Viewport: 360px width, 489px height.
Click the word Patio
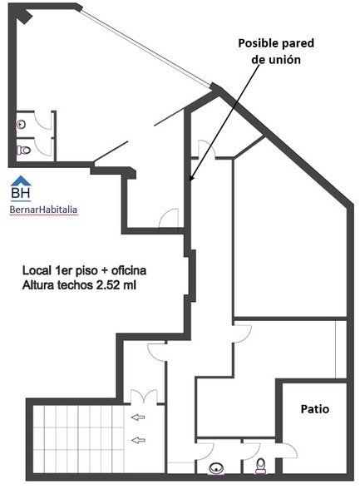(314, 408)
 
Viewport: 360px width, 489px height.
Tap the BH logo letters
(21, 193)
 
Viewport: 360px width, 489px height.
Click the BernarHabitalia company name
(43, 210)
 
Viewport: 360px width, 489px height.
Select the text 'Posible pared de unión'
(276, 52)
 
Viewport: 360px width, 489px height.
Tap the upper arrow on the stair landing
(138, 417)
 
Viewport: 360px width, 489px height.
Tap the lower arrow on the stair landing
(138, 440)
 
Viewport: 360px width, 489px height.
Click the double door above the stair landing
(143, 396)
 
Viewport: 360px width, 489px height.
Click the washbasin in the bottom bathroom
(216, 468)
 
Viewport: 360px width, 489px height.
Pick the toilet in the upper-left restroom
(23, 151)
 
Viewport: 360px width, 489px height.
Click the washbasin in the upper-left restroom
(21, 125)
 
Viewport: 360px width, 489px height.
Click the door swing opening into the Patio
(289, 451)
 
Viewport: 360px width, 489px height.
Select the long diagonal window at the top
(145, 47)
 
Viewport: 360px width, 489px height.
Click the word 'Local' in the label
(36, 270)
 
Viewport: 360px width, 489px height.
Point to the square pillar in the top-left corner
(24, 17)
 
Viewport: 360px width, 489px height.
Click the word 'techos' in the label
(75, 285)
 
